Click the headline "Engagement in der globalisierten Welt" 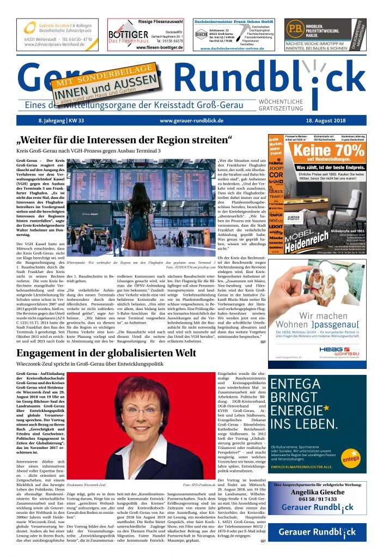tap(106, 338)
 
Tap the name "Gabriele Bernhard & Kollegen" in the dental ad tap(60, 26)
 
